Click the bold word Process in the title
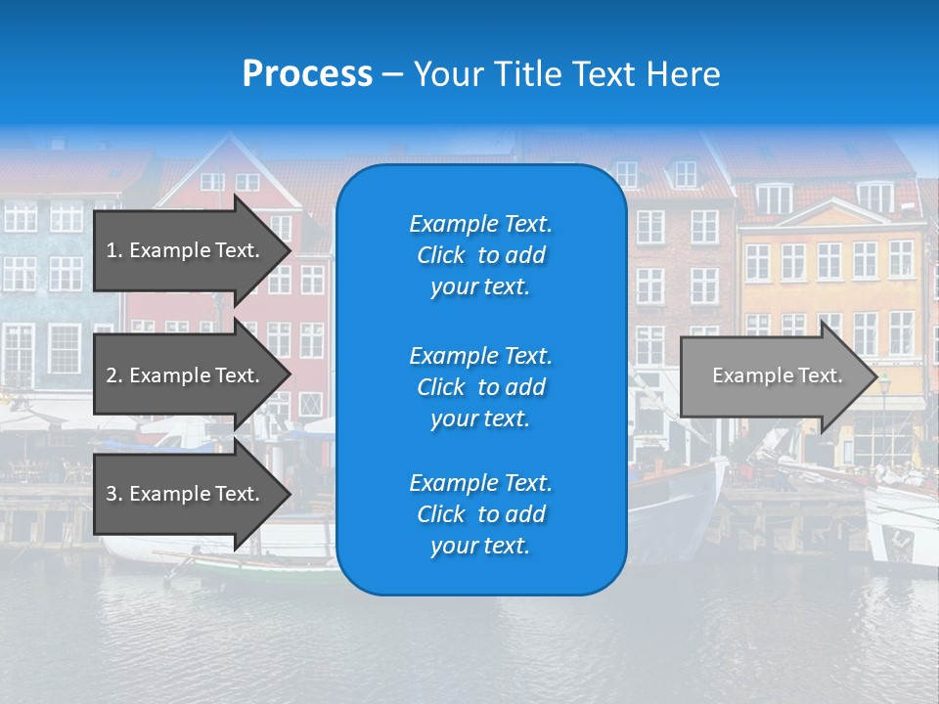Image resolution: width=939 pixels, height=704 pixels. (x=307, y=74)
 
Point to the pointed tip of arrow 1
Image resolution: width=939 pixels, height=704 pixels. (x=289, y=250)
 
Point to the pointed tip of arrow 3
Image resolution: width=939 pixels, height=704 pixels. (x=289, y=494)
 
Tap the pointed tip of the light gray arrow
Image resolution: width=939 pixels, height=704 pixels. (x=874, y=375)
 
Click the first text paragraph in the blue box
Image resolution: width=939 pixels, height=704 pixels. (x=480, y=255)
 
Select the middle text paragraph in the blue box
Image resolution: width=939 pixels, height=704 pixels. (x=480, y=387)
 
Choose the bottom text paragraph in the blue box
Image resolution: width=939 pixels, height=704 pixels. (x=480, y=514)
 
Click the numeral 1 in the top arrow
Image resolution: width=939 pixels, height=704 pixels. (x=112, y=250)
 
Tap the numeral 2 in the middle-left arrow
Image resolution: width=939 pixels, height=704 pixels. (x=112, y=375)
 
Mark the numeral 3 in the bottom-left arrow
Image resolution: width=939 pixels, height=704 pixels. (x=112, y=494)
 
